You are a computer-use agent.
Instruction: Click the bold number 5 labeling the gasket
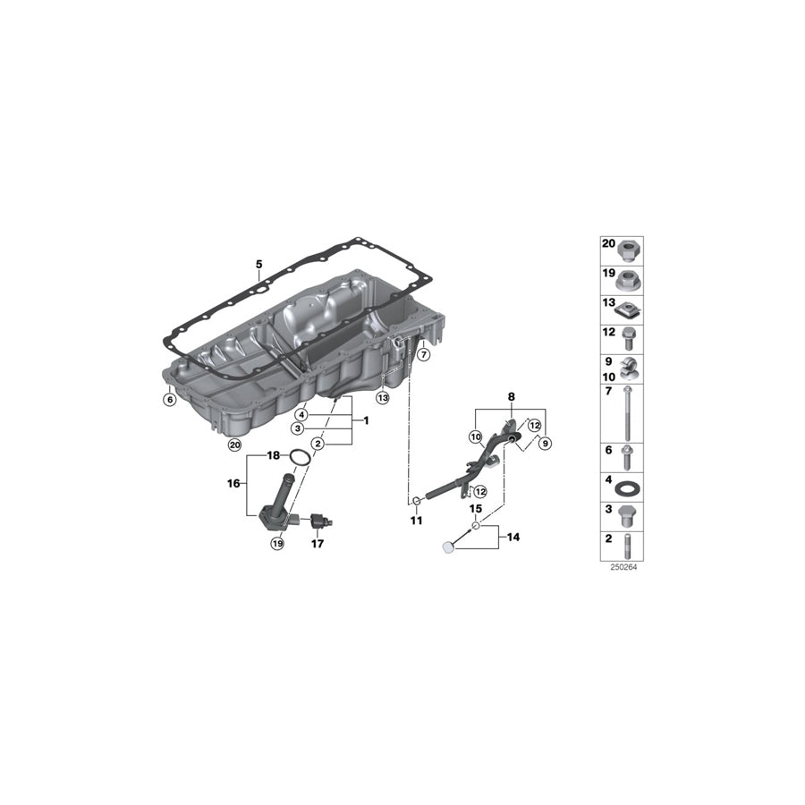click(258, 264)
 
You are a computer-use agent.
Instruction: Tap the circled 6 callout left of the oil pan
click(169, 400)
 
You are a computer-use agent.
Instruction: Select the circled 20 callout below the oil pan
click(234, 444)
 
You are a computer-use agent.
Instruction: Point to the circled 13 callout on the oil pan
click(382, 397)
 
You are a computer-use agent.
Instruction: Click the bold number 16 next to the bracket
click(235, 484)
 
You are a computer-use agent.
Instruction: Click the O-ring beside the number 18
click(303, 457)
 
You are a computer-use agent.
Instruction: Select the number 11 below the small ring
click(417, 520)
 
